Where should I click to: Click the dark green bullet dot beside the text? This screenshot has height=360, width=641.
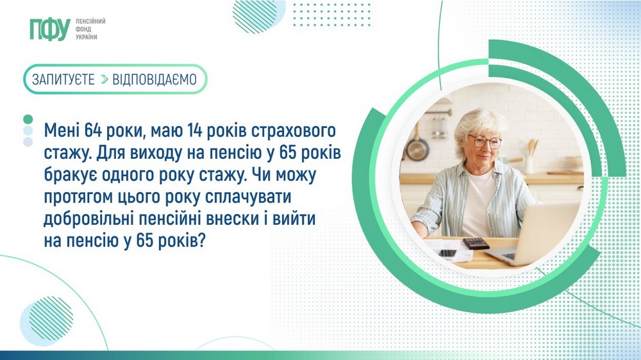click(x=28, y=120)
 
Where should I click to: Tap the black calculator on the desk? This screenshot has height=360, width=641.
click(x=475, y=243)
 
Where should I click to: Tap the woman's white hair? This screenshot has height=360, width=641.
click(x=479, y=122)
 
